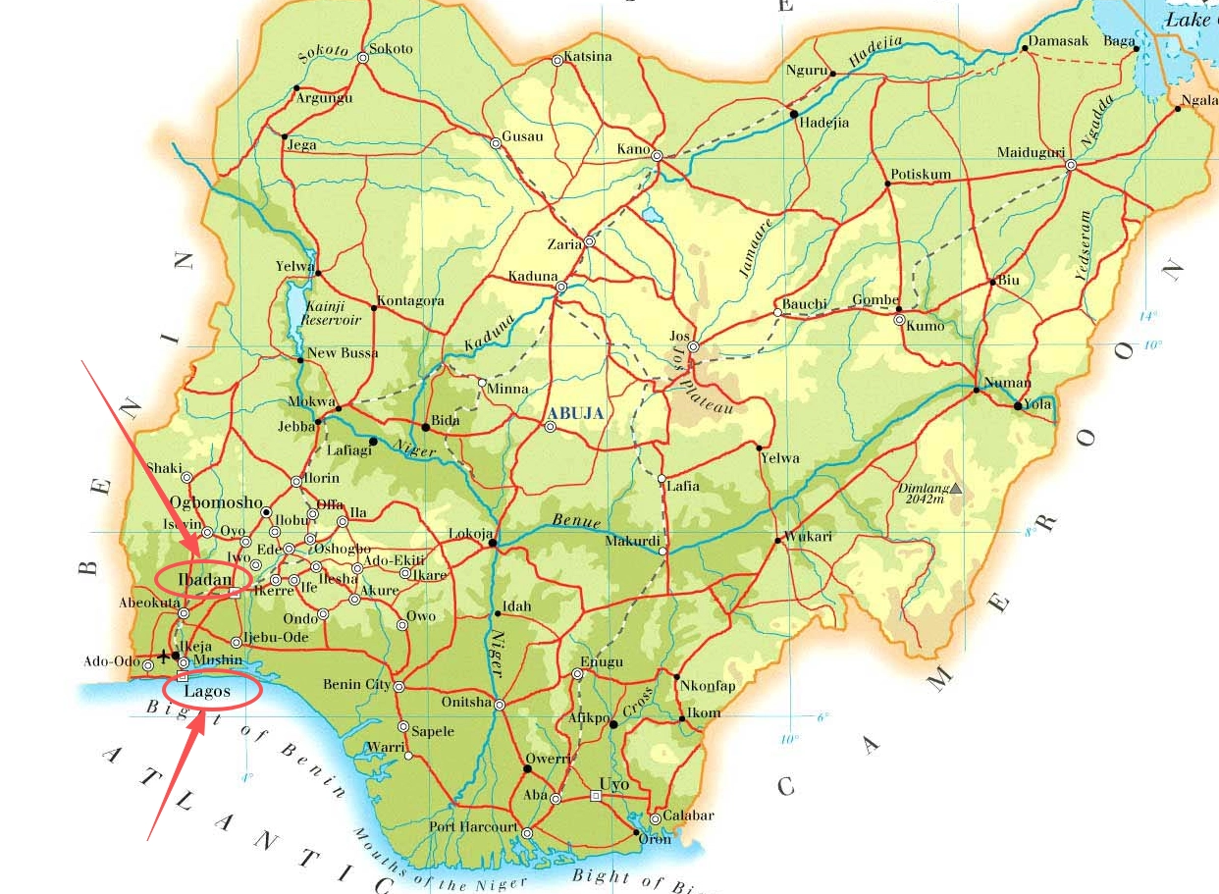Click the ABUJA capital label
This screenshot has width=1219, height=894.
coord(576,413)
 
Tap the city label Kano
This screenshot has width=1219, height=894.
coord(633,149)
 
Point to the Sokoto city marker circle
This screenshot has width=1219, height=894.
coord(363,58)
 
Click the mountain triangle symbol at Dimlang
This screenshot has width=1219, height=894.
coord(956,488)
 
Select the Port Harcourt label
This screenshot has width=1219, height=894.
coord(473,827)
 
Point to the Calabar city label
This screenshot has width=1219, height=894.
coord(689,815)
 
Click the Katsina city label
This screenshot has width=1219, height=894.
coord(587,56)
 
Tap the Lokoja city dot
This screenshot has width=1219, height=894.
coord(493,543)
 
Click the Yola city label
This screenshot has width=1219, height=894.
coord(1039,403)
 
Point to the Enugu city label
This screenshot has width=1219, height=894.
coord(603,662)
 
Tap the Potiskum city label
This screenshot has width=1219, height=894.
coord(921,175)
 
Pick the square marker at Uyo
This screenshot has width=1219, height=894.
coord(595,796)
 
